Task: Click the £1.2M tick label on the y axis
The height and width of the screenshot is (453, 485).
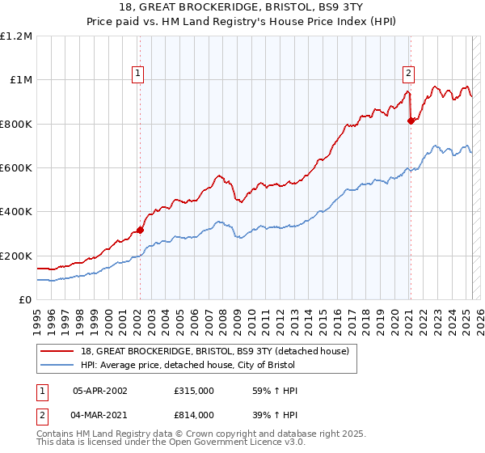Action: pyautogui.click(x=16, y=36)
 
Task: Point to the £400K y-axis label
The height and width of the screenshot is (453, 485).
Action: pyautogui.click(x=16, y=212)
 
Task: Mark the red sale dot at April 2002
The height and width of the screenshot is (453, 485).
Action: pyautogui.click(x=140, y=230)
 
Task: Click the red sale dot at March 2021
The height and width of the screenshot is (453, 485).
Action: pyautogui.click(x=411, y=121)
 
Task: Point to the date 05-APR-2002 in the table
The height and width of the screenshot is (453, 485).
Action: pyautogui.click(x=99, y=391)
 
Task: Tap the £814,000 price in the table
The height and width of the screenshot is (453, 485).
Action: pyautogui.click(x=193, y=414)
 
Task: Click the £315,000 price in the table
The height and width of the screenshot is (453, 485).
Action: pyautogui.click(x=193, y=391)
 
